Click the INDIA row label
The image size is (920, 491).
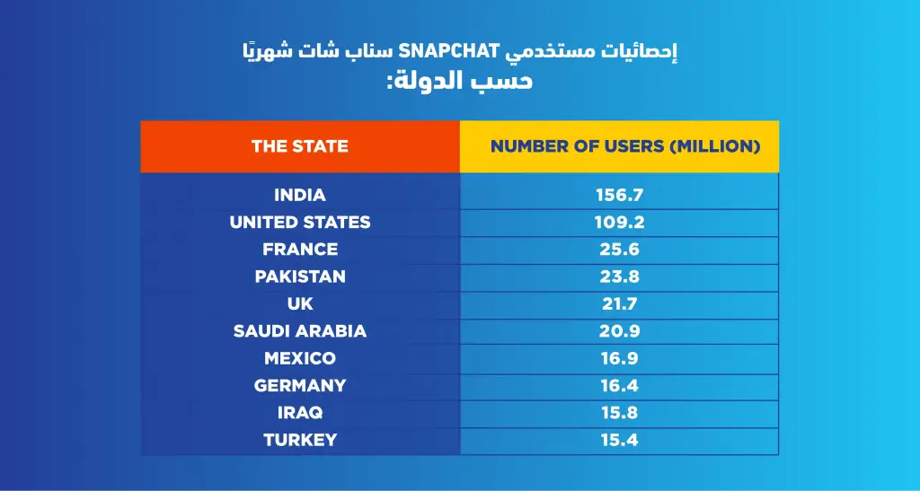tap(300, 195)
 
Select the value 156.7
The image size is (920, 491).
tap(620, 195)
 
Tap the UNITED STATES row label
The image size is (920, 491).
tap(300, 222)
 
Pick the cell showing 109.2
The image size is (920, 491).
tap(620, 222)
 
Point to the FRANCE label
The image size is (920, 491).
tap(300, 249)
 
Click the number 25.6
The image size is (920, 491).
tap(620, 250)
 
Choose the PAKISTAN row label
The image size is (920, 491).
tap(300, 276)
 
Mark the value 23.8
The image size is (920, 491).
tap(620, 276)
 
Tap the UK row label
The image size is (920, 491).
tap(300, 303)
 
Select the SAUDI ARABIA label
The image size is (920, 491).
tap(300, 330)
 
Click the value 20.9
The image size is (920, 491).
tap(620, 331)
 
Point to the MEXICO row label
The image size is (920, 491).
tap(300, 358)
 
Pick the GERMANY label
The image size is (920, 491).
tap(300, 385)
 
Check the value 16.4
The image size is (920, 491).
tap(620, 386)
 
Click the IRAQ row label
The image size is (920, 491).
tap(300, 413)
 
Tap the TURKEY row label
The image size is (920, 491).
tap(300, 440)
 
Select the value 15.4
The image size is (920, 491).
tap(620, 440)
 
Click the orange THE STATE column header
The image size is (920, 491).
tap(300, 146)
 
